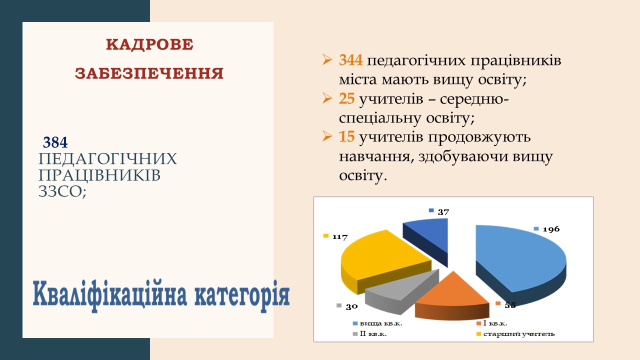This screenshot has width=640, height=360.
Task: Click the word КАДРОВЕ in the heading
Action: click(149, 45)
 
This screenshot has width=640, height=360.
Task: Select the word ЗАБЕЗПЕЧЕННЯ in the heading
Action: click(149, 73)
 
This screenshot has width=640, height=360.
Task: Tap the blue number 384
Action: click(55, 142)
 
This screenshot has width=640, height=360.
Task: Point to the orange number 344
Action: click(351, 60)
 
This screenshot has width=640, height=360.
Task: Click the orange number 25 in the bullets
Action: click(347, 99)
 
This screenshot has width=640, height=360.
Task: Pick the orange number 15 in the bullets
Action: click(347, 136)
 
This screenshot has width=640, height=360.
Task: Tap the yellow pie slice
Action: click(383, 260)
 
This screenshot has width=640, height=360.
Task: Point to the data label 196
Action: click(551, 229)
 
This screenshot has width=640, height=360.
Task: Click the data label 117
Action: click(340, 237)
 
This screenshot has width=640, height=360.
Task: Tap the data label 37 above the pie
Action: click(443, 212)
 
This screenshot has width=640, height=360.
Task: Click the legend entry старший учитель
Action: click(515, 334)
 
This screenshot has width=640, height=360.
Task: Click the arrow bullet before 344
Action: click(327, 59)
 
